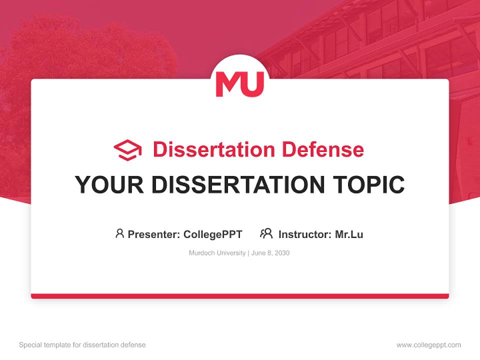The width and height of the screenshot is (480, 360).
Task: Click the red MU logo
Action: [x=239, y=84]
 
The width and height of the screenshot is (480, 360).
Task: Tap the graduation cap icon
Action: [x=127, y=150]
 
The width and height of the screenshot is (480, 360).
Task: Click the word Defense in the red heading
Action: [x=323, y=149]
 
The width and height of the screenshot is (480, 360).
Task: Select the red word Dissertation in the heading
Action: [x=214, y=149]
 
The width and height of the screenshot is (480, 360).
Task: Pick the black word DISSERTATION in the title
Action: [x=238, y=184]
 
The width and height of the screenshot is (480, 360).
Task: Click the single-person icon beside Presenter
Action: [x=119, y=233]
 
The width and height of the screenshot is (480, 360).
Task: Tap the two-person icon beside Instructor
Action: [x=266, y=233]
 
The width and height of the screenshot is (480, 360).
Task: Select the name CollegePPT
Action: [x=213, y=234]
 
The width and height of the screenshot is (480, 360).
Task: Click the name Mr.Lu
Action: [x=349, y=234]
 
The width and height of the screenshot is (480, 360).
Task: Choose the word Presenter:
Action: [x=153, y=234]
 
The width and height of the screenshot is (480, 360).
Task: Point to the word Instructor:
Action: [x=305, y=234]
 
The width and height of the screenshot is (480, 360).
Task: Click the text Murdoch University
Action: [x=217, y=253]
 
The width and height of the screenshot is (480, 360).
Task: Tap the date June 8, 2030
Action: [x=270, y=253]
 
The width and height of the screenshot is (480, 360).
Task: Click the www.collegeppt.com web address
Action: [x=428, y=345]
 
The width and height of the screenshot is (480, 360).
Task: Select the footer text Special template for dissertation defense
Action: [x=82, y=345]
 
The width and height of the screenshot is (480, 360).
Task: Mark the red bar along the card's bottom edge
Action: [x=240, y=296]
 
